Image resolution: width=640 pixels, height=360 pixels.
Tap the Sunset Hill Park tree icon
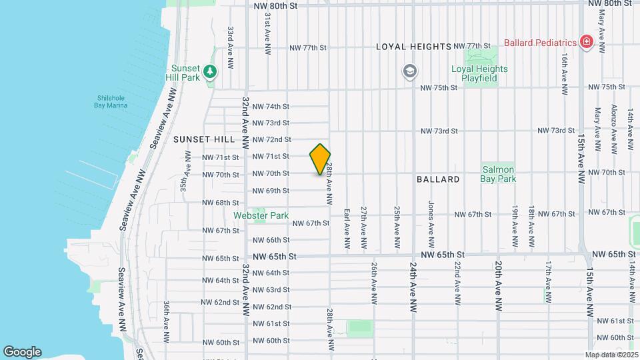point(211,71)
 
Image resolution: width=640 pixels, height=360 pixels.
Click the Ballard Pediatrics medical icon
point(586,43)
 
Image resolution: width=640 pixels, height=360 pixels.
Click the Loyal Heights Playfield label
point(479,73)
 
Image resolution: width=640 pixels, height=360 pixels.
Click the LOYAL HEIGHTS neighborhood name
point(414,47)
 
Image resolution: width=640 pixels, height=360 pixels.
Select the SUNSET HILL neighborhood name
point(204,139)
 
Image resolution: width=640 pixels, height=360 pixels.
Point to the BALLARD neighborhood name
point(438,179)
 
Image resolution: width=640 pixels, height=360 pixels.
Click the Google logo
point(22,351)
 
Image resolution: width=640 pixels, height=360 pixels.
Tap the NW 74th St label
point(271,107)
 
